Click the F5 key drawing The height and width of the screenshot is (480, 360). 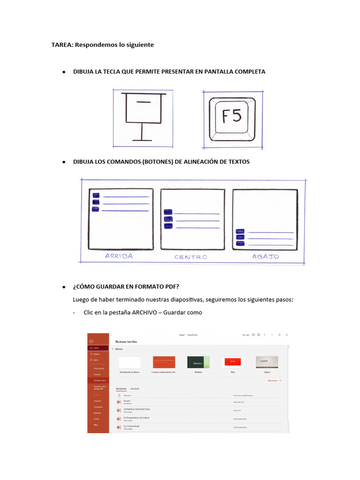232,117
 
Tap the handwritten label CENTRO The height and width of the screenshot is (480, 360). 191,257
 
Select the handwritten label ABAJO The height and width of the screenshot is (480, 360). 265,256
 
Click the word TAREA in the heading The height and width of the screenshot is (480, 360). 61,45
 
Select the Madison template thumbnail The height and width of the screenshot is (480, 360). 198,362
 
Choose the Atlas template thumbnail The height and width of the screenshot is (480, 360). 232,362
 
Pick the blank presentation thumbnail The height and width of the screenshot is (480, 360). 129,362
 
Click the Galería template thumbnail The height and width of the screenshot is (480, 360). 267,362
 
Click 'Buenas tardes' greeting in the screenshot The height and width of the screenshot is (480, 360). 125,342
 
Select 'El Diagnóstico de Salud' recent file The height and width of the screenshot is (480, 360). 137,417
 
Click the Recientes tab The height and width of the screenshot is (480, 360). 121,389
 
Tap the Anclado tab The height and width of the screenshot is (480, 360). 135,389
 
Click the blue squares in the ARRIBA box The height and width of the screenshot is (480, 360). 96,202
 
